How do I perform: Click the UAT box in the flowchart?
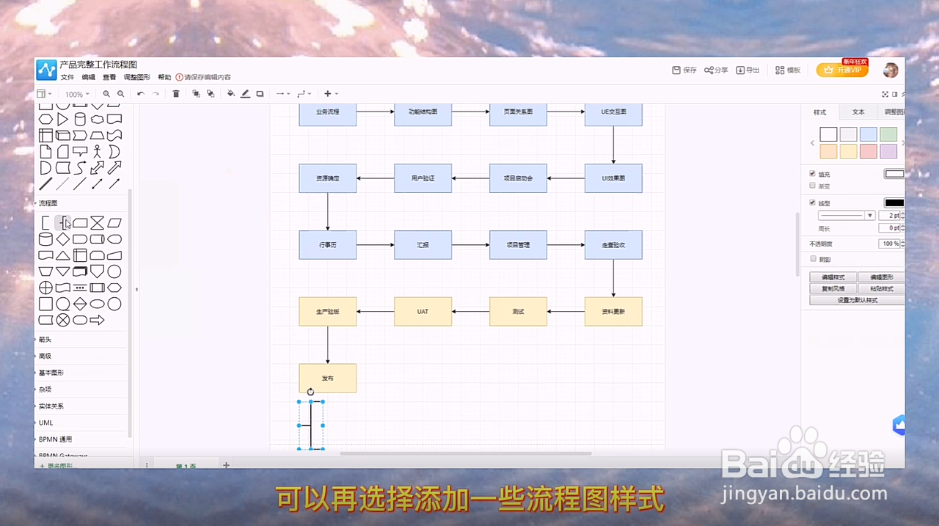pos(423,312)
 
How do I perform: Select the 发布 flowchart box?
pos(327,378)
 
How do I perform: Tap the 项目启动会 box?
pos(518,178)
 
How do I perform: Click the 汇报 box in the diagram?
pos(423,245)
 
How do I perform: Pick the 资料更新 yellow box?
pos(613,312)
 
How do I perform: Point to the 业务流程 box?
pos(327,112)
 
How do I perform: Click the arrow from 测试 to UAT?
pos(471,312)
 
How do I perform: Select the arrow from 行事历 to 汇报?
pos(376,245)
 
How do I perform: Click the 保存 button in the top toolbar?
pos(684,70)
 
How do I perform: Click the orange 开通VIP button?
pos(842,70)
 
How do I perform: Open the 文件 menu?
pos(67,77)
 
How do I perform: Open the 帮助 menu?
pos(164,77)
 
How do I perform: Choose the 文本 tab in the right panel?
pos(858,112)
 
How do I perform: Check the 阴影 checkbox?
pos(813,259)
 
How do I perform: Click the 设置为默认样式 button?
pos(857,300)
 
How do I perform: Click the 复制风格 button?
pos(833,289)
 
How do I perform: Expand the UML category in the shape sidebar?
pos(46,423)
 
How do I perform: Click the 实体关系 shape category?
pos(51,406)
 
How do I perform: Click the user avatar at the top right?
pos(891,70)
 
